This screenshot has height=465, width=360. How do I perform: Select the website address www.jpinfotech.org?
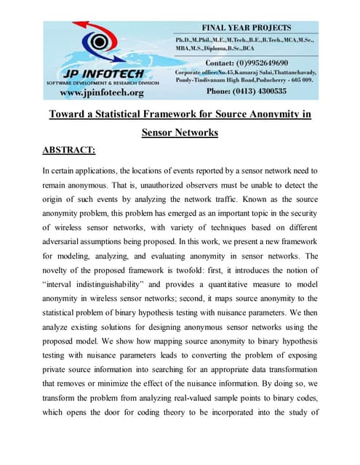tap(102, 92)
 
